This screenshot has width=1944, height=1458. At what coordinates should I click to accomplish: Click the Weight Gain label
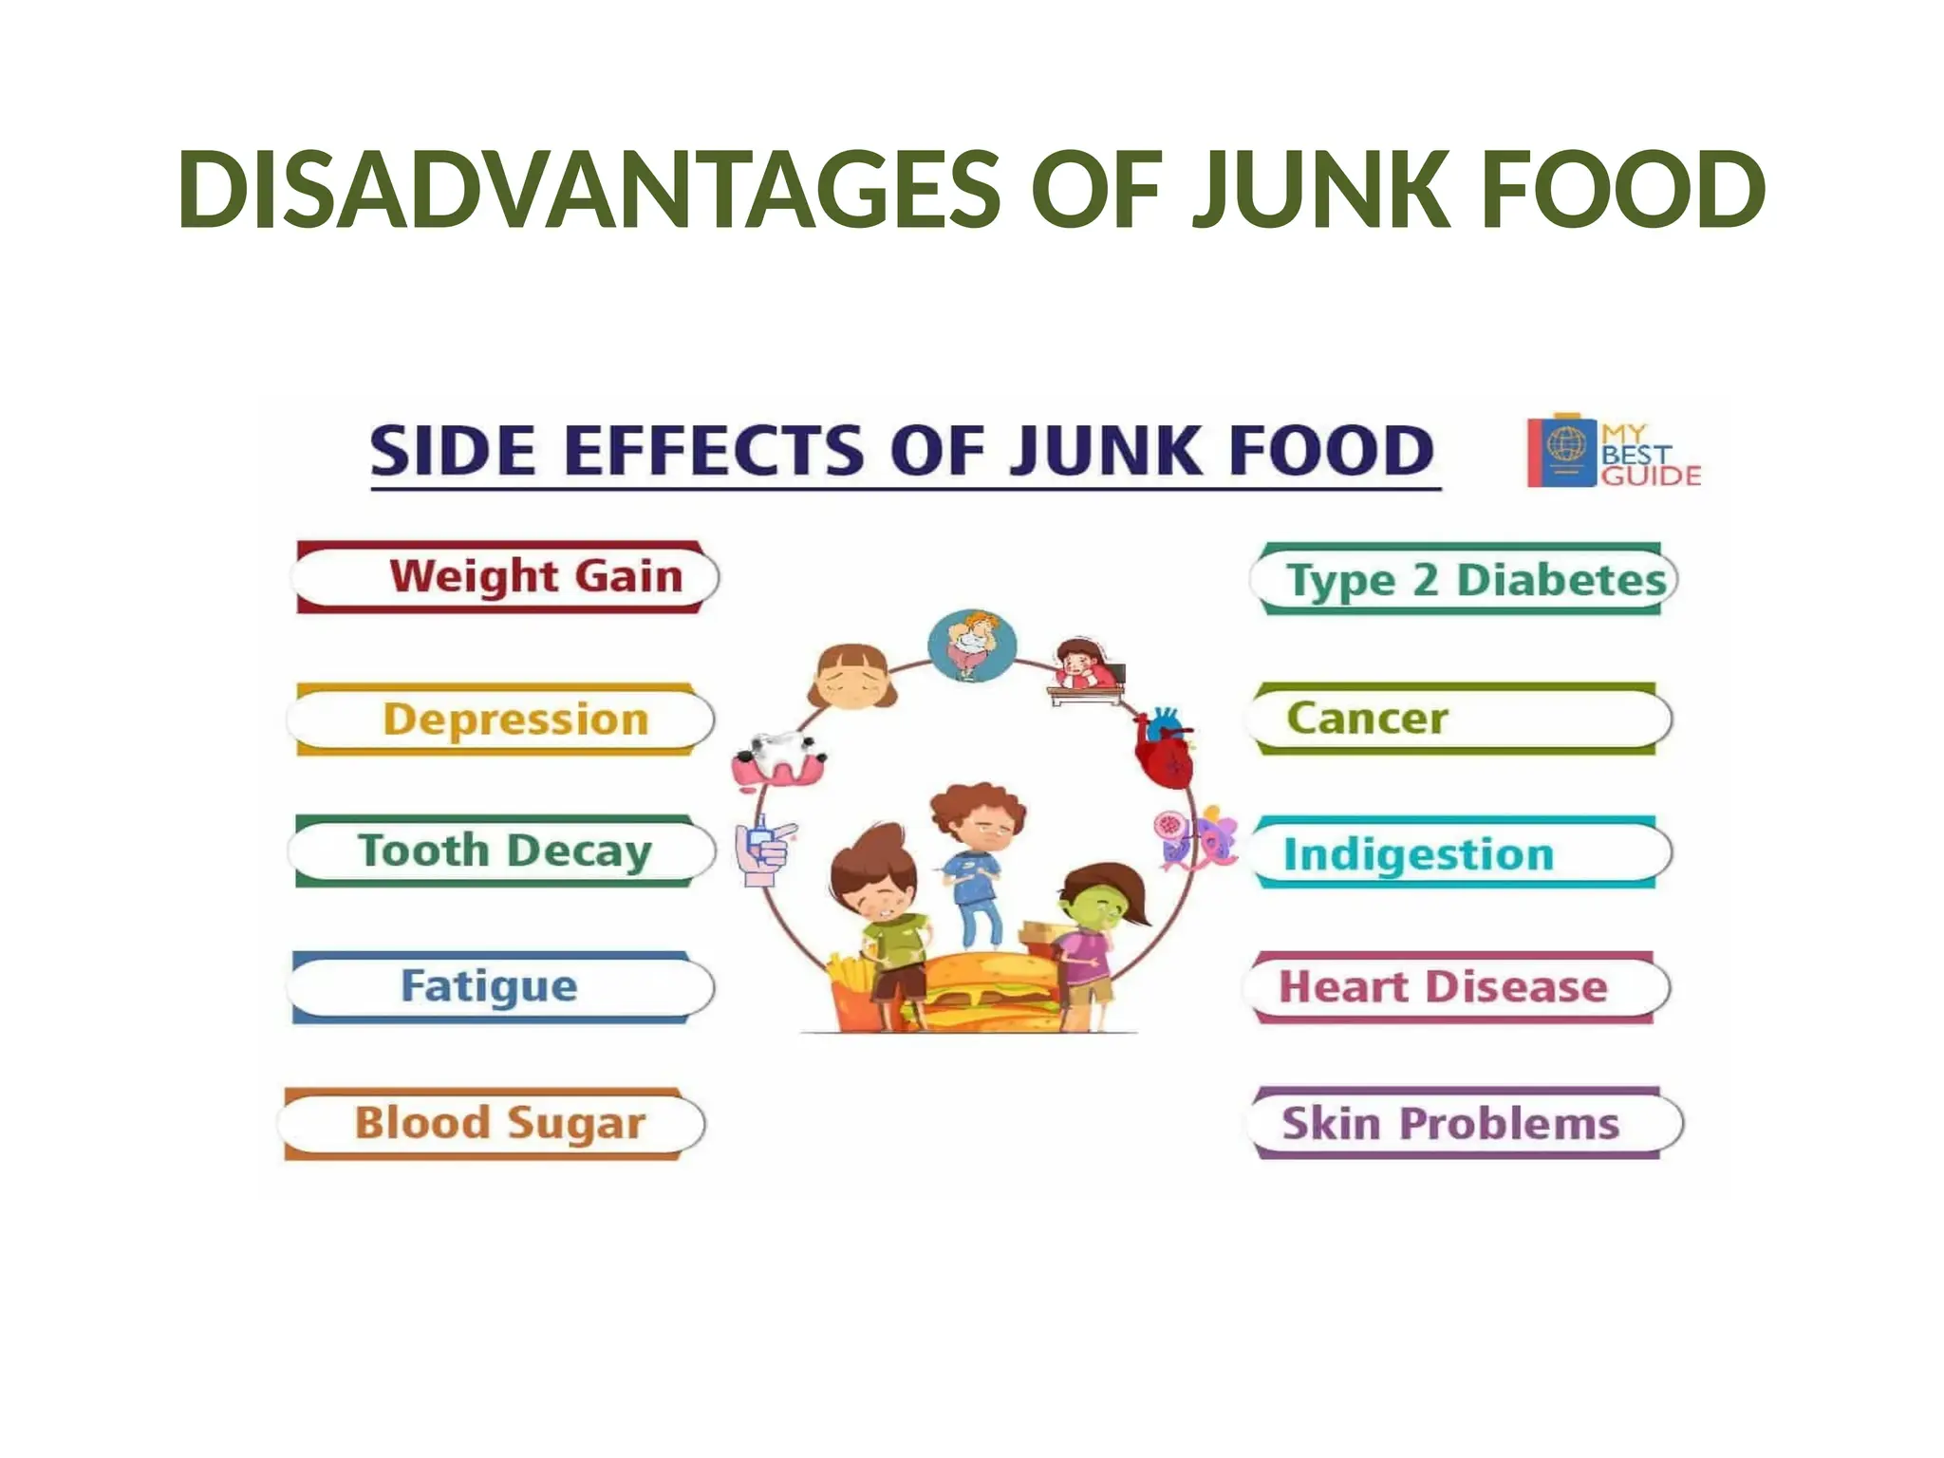pyautogui.click(x=535, y=577)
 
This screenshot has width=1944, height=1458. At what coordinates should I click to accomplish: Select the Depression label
pyautogui.click(x=515, y=720)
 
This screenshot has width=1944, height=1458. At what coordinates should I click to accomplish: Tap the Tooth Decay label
pyautogui.click(x=504, y=850)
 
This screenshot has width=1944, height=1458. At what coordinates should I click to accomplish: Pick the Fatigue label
pyautogui.click(x=489, y=986)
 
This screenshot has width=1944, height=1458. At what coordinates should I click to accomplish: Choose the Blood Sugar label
pyautogui.click(x=499, y=1123)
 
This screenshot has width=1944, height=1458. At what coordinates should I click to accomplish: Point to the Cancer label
pyautogui.click(x=1367, y=719)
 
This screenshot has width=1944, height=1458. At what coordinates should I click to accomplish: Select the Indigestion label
pyautogui.click(x=1418, y=854)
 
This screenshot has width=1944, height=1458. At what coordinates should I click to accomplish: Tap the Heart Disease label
pyautogui.click(x=1443, y=987)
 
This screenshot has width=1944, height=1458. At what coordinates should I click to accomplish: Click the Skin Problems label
pyautogui.click(x=1449, y=1124)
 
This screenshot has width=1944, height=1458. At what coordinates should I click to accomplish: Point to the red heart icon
pyautogui.click(x=1165, y=749)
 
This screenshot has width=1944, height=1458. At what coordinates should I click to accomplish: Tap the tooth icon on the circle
pyautogui.click(x=778, y=758)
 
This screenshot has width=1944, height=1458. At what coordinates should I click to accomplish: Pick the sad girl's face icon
pyautogui.click(x=852, y=676)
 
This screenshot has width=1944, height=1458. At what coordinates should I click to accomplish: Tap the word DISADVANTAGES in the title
pyautogui.click(x=589, y=191)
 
